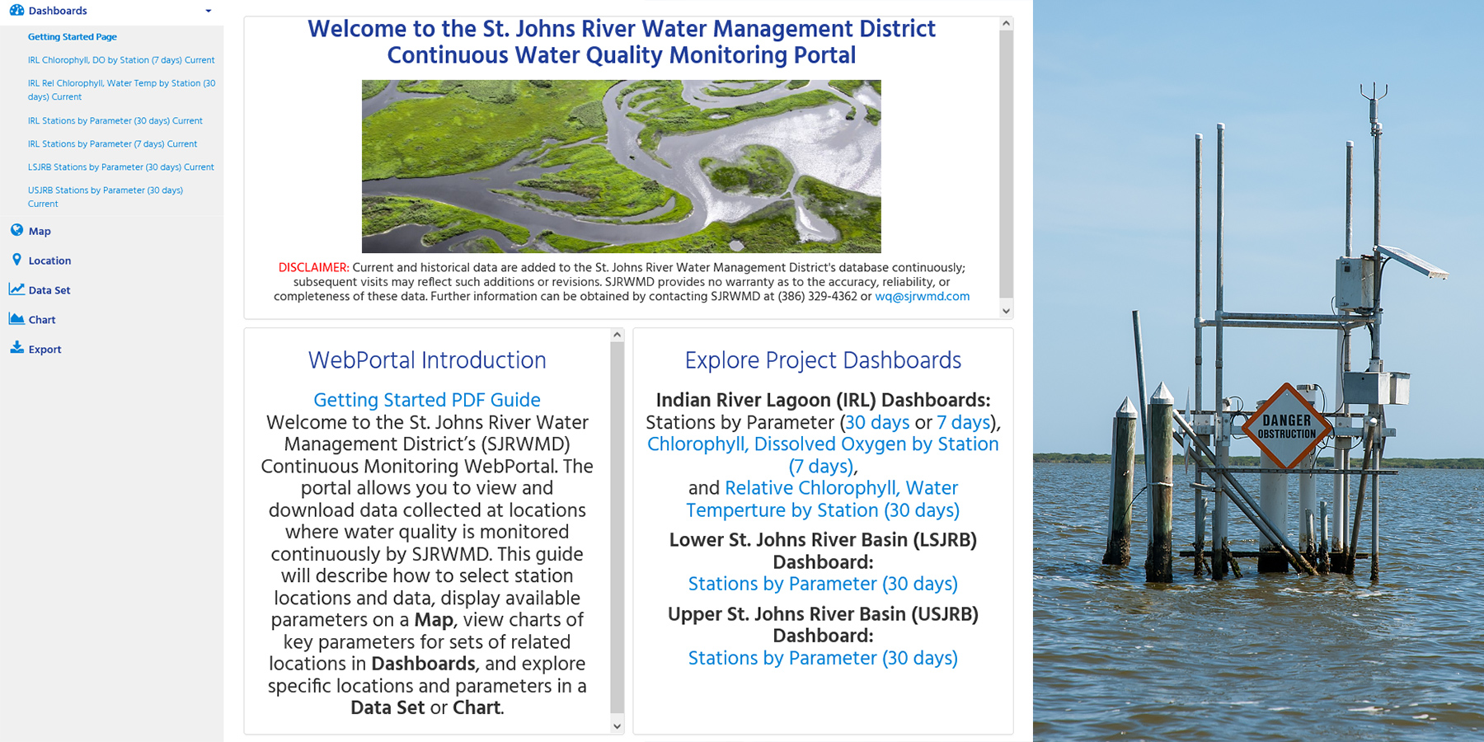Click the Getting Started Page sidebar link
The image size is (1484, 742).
[x=73, y=37]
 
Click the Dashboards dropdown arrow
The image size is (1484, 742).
[x=209, y=11]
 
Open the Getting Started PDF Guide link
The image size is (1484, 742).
[x=427, y=400]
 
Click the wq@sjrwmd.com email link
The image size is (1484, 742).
[x=922, y=297]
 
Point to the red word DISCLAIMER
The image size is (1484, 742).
[x=313, y=268]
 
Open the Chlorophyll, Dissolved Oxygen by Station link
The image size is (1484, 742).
[x=823, y=455]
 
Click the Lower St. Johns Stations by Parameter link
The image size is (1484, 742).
[x=823, y=584]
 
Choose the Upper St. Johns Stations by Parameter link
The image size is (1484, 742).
[x=823, y=658]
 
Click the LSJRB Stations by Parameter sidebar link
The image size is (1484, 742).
[x=121, y=167]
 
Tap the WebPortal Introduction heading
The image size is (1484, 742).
[x=427, y=360]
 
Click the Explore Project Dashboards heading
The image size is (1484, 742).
[x=823, y=360]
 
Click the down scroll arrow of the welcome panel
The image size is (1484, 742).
[x=1006, y=311]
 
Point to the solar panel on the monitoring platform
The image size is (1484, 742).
[x=1411, y=262]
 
